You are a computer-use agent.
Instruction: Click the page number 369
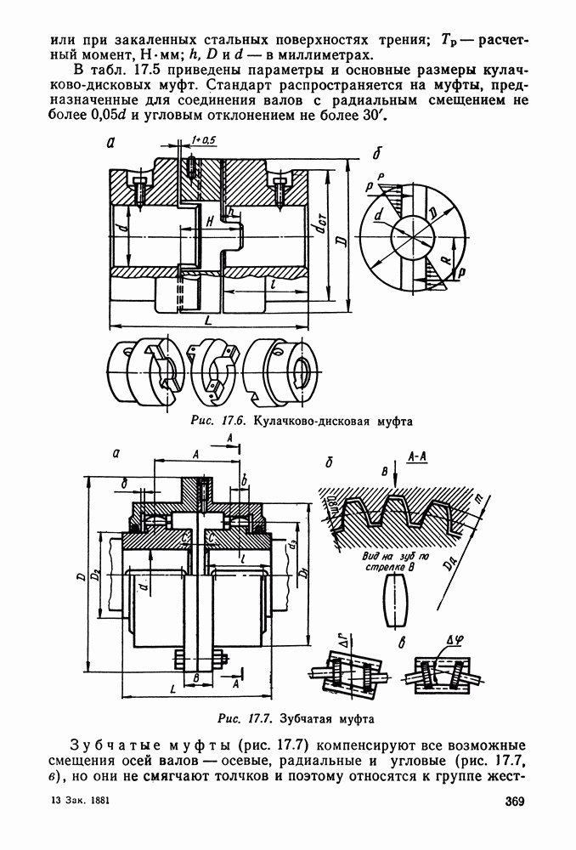514,802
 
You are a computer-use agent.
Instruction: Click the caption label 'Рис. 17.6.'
219,421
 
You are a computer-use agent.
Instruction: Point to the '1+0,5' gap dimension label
203,141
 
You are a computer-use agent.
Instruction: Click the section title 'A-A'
417,456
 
